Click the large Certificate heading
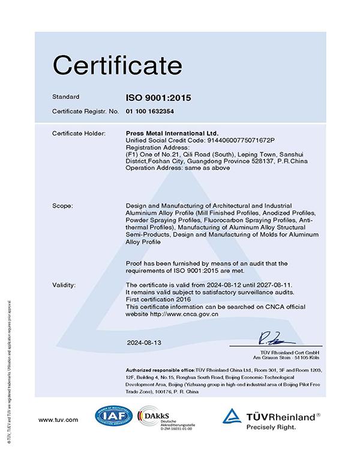coord(117,64)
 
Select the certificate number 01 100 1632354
coord(151,112)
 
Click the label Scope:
coord(62,206)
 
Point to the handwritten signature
coord(273,336)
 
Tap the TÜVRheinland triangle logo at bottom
coord(232,416)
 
